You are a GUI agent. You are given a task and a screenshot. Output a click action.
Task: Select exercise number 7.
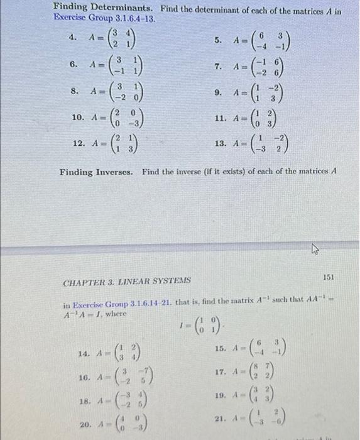(x=218, y=66)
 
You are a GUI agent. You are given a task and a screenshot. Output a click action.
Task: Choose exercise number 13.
(x=220, y=144)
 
